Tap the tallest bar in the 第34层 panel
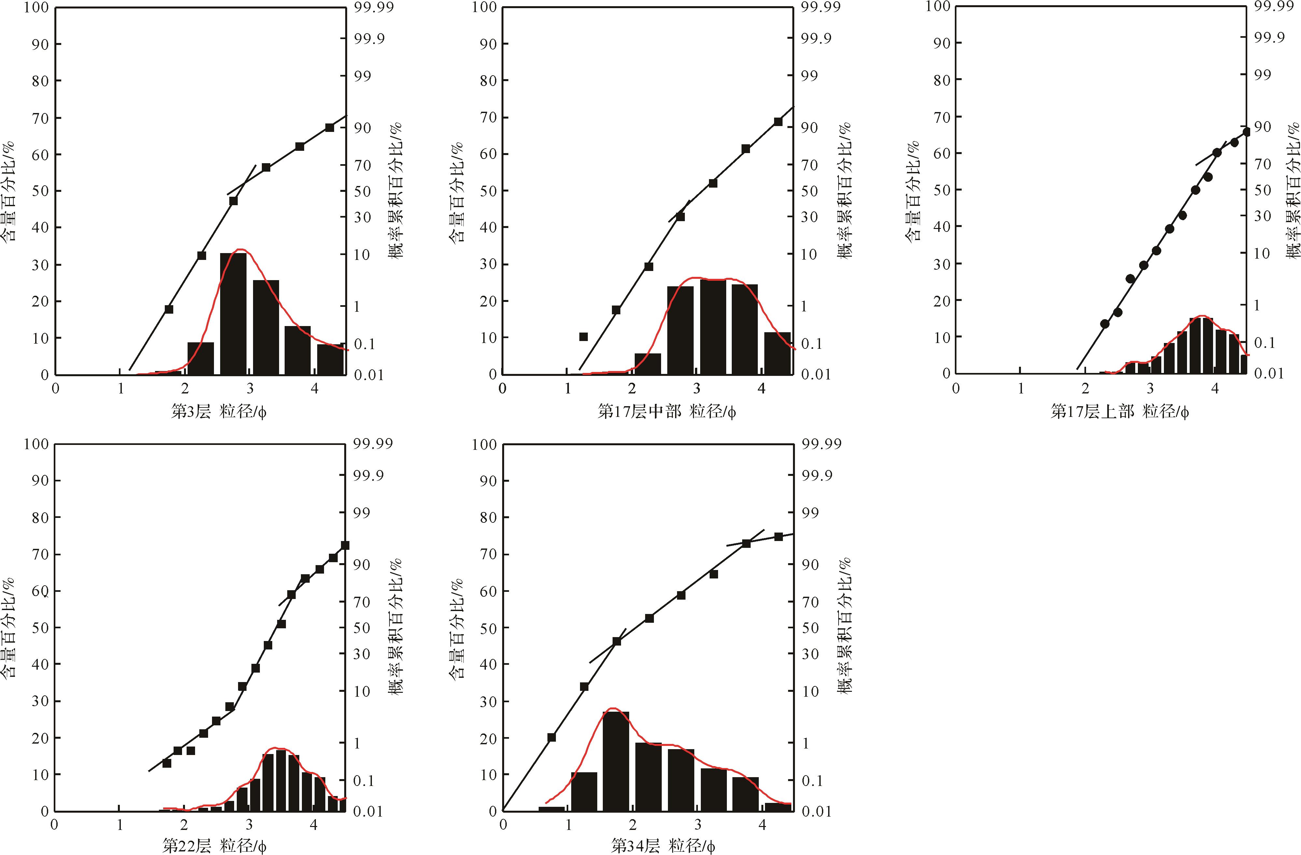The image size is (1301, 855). (616, 761)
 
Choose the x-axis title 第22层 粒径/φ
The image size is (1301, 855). (214, 846)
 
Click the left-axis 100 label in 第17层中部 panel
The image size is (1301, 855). (484, 7)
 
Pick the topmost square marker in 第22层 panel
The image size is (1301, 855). (345, 546)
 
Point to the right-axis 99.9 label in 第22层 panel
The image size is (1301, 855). (368, 476)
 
